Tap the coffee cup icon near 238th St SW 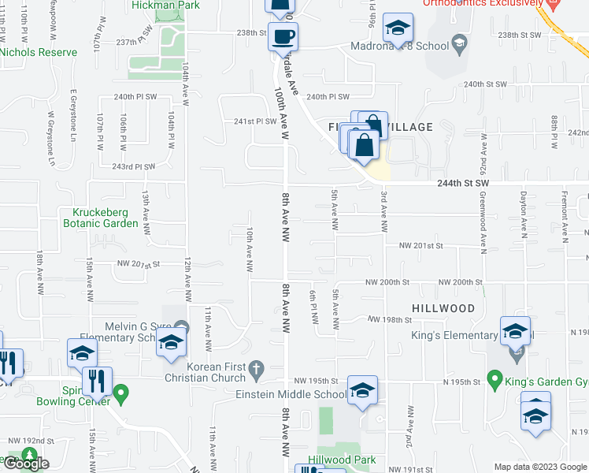[x=283, y=35]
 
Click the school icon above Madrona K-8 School [x=398, y=28]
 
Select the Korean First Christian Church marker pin [x=256, y=368]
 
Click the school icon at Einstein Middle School [x=362, y=390]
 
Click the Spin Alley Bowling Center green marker [x=120, y=393]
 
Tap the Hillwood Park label [x=342, y=460]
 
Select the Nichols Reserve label [x=39, y=52]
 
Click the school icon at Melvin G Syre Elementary [x=170, y=343]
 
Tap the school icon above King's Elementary [x=515, y=330]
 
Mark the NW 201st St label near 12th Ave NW [x=139, y=264]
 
